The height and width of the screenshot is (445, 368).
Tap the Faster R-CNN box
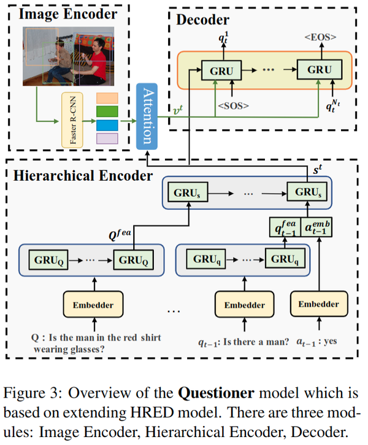click(x=72, y=120)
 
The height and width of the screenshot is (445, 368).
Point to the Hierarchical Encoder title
click(x=83, y=176)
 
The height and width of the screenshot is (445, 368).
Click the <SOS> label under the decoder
click(x=233, y=106)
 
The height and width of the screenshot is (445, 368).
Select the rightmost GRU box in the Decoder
click(x=319, y=70)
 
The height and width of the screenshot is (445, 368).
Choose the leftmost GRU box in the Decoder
click(x=221, y=70)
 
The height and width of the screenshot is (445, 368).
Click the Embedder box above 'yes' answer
click(x=318, y=304)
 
